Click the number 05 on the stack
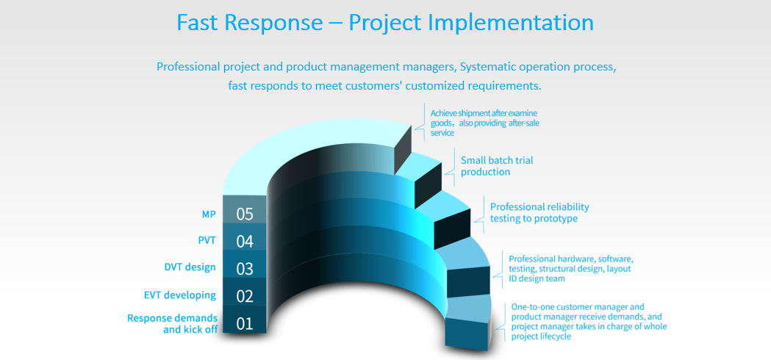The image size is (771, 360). click(x=244, y=214)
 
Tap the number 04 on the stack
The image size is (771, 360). click(x=244, y=242)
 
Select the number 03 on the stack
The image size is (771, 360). click(x=244, y=269)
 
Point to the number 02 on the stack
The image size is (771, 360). click(x=244, y=297)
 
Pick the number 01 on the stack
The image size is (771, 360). click(x=244, y=324)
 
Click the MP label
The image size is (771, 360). click(x=209, y=214)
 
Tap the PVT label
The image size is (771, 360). click(x=207, y=241)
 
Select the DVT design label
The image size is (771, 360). click(x=190, y=267)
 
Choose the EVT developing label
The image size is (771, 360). click(x=180, y=295)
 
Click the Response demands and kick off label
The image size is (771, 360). click(x=173, y=323)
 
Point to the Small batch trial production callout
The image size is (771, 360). click(x=497, y=166)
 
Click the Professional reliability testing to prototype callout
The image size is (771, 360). click(x=539, y=212)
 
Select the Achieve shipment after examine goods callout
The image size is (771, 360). click(x=485, y=123)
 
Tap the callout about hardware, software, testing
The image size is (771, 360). click(x=571, y=268)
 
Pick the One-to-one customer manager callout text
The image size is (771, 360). click(x=589, y=322)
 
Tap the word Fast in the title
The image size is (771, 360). click(x=197, y=23)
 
